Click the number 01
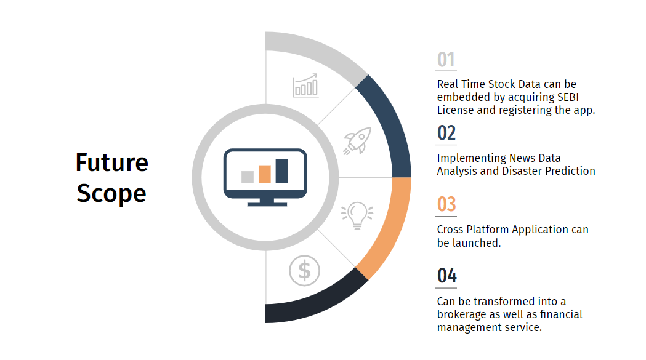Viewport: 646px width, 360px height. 446,60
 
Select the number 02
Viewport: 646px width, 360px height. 446,133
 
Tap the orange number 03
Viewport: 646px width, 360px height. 446,204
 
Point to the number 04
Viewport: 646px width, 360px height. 446,276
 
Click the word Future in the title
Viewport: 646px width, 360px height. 111,162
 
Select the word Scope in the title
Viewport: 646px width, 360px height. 111,193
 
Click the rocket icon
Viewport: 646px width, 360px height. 357,141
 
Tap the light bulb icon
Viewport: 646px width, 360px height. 357,215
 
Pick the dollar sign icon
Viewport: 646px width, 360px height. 304,271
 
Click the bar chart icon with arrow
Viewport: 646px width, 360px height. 305,86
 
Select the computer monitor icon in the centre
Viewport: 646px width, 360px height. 265,177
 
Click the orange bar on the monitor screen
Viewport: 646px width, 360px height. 265,174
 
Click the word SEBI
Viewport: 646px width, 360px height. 568,97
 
